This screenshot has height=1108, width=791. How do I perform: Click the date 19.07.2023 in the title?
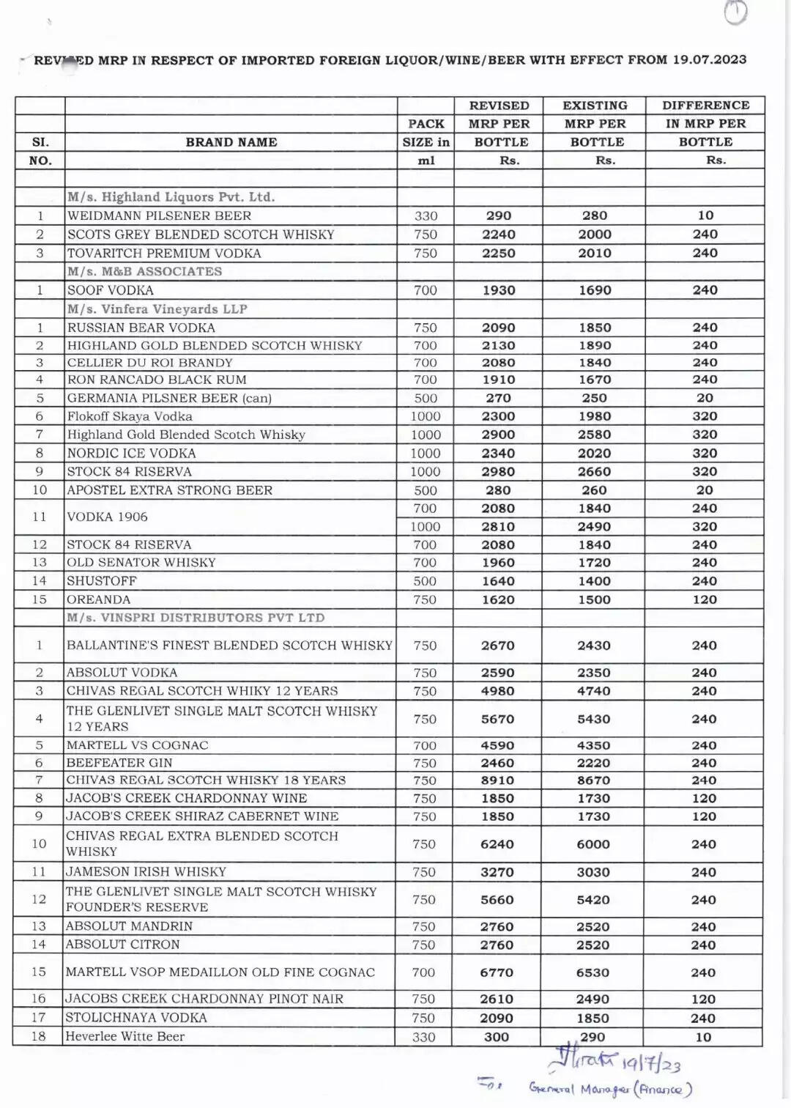(709, 59)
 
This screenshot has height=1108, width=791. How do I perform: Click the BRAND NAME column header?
(231, 142)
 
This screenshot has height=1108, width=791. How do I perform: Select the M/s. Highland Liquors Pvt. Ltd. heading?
(171, 197)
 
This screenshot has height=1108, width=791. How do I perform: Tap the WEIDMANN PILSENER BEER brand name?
(159, 216)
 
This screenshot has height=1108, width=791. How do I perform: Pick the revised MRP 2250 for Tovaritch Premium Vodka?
(499, 254)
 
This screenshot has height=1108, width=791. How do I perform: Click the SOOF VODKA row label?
(111, 290)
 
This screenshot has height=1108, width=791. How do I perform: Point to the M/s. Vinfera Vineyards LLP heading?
(157, 309)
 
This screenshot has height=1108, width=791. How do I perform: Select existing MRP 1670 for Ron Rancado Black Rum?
(594, 380)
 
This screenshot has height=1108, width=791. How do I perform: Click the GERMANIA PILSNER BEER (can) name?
(169, 399)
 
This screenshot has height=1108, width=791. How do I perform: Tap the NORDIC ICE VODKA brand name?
(131, 454)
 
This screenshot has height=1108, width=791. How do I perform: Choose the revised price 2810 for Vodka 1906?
(498, 527)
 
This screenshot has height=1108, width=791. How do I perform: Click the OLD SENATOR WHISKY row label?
(141, 563)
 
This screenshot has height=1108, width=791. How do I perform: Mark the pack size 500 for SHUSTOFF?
(426, 581)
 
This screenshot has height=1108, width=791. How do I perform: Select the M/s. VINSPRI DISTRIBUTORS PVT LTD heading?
(196, 618)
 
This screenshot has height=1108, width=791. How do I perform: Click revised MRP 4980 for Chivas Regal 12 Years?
(498, 691)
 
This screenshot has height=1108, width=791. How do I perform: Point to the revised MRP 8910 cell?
(498, 780)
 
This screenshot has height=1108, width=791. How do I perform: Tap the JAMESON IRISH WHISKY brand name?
(146, 872)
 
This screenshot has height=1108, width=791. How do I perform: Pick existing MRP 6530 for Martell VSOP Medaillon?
(593, 972)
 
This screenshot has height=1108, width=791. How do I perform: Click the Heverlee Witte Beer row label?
(125, 1037)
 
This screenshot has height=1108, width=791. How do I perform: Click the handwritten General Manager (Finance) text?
(611, 1090)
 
